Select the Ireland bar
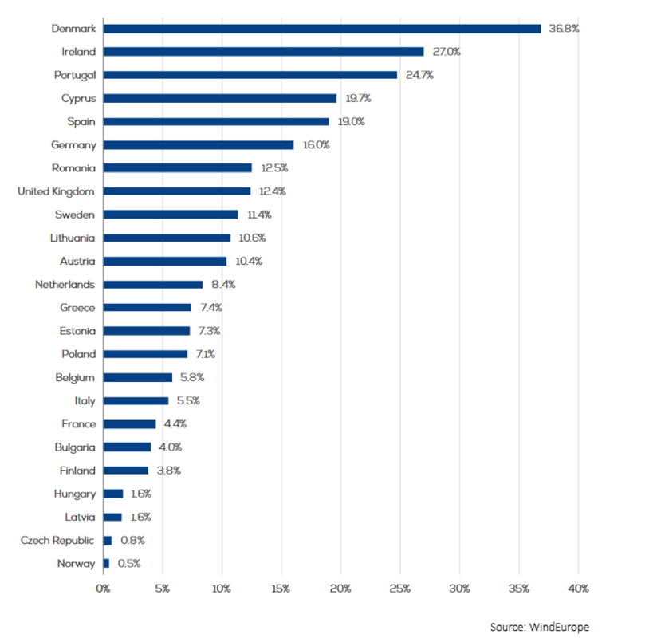coord(263,52)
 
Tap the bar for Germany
coord(199,145)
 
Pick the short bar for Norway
coord(106,564)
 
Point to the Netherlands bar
coord(153,285)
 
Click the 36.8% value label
coord(564,29)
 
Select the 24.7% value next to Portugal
coord(419,75)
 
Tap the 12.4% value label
coord(273,191)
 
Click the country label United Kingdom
coord(56,191)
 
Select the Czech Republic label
coord(57,541)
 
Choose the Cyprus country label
coord(78,98)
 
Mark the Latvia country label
coord(80,517)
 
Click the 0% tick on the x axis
coord(103,589)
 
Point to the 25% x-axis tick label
coord(399,589)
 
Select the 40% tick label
coord(578,589)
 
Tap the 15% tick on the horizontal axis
coord(281,589)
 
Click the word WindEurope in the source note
coord(562,627)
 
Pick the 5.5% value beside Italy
coord(189,401)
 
